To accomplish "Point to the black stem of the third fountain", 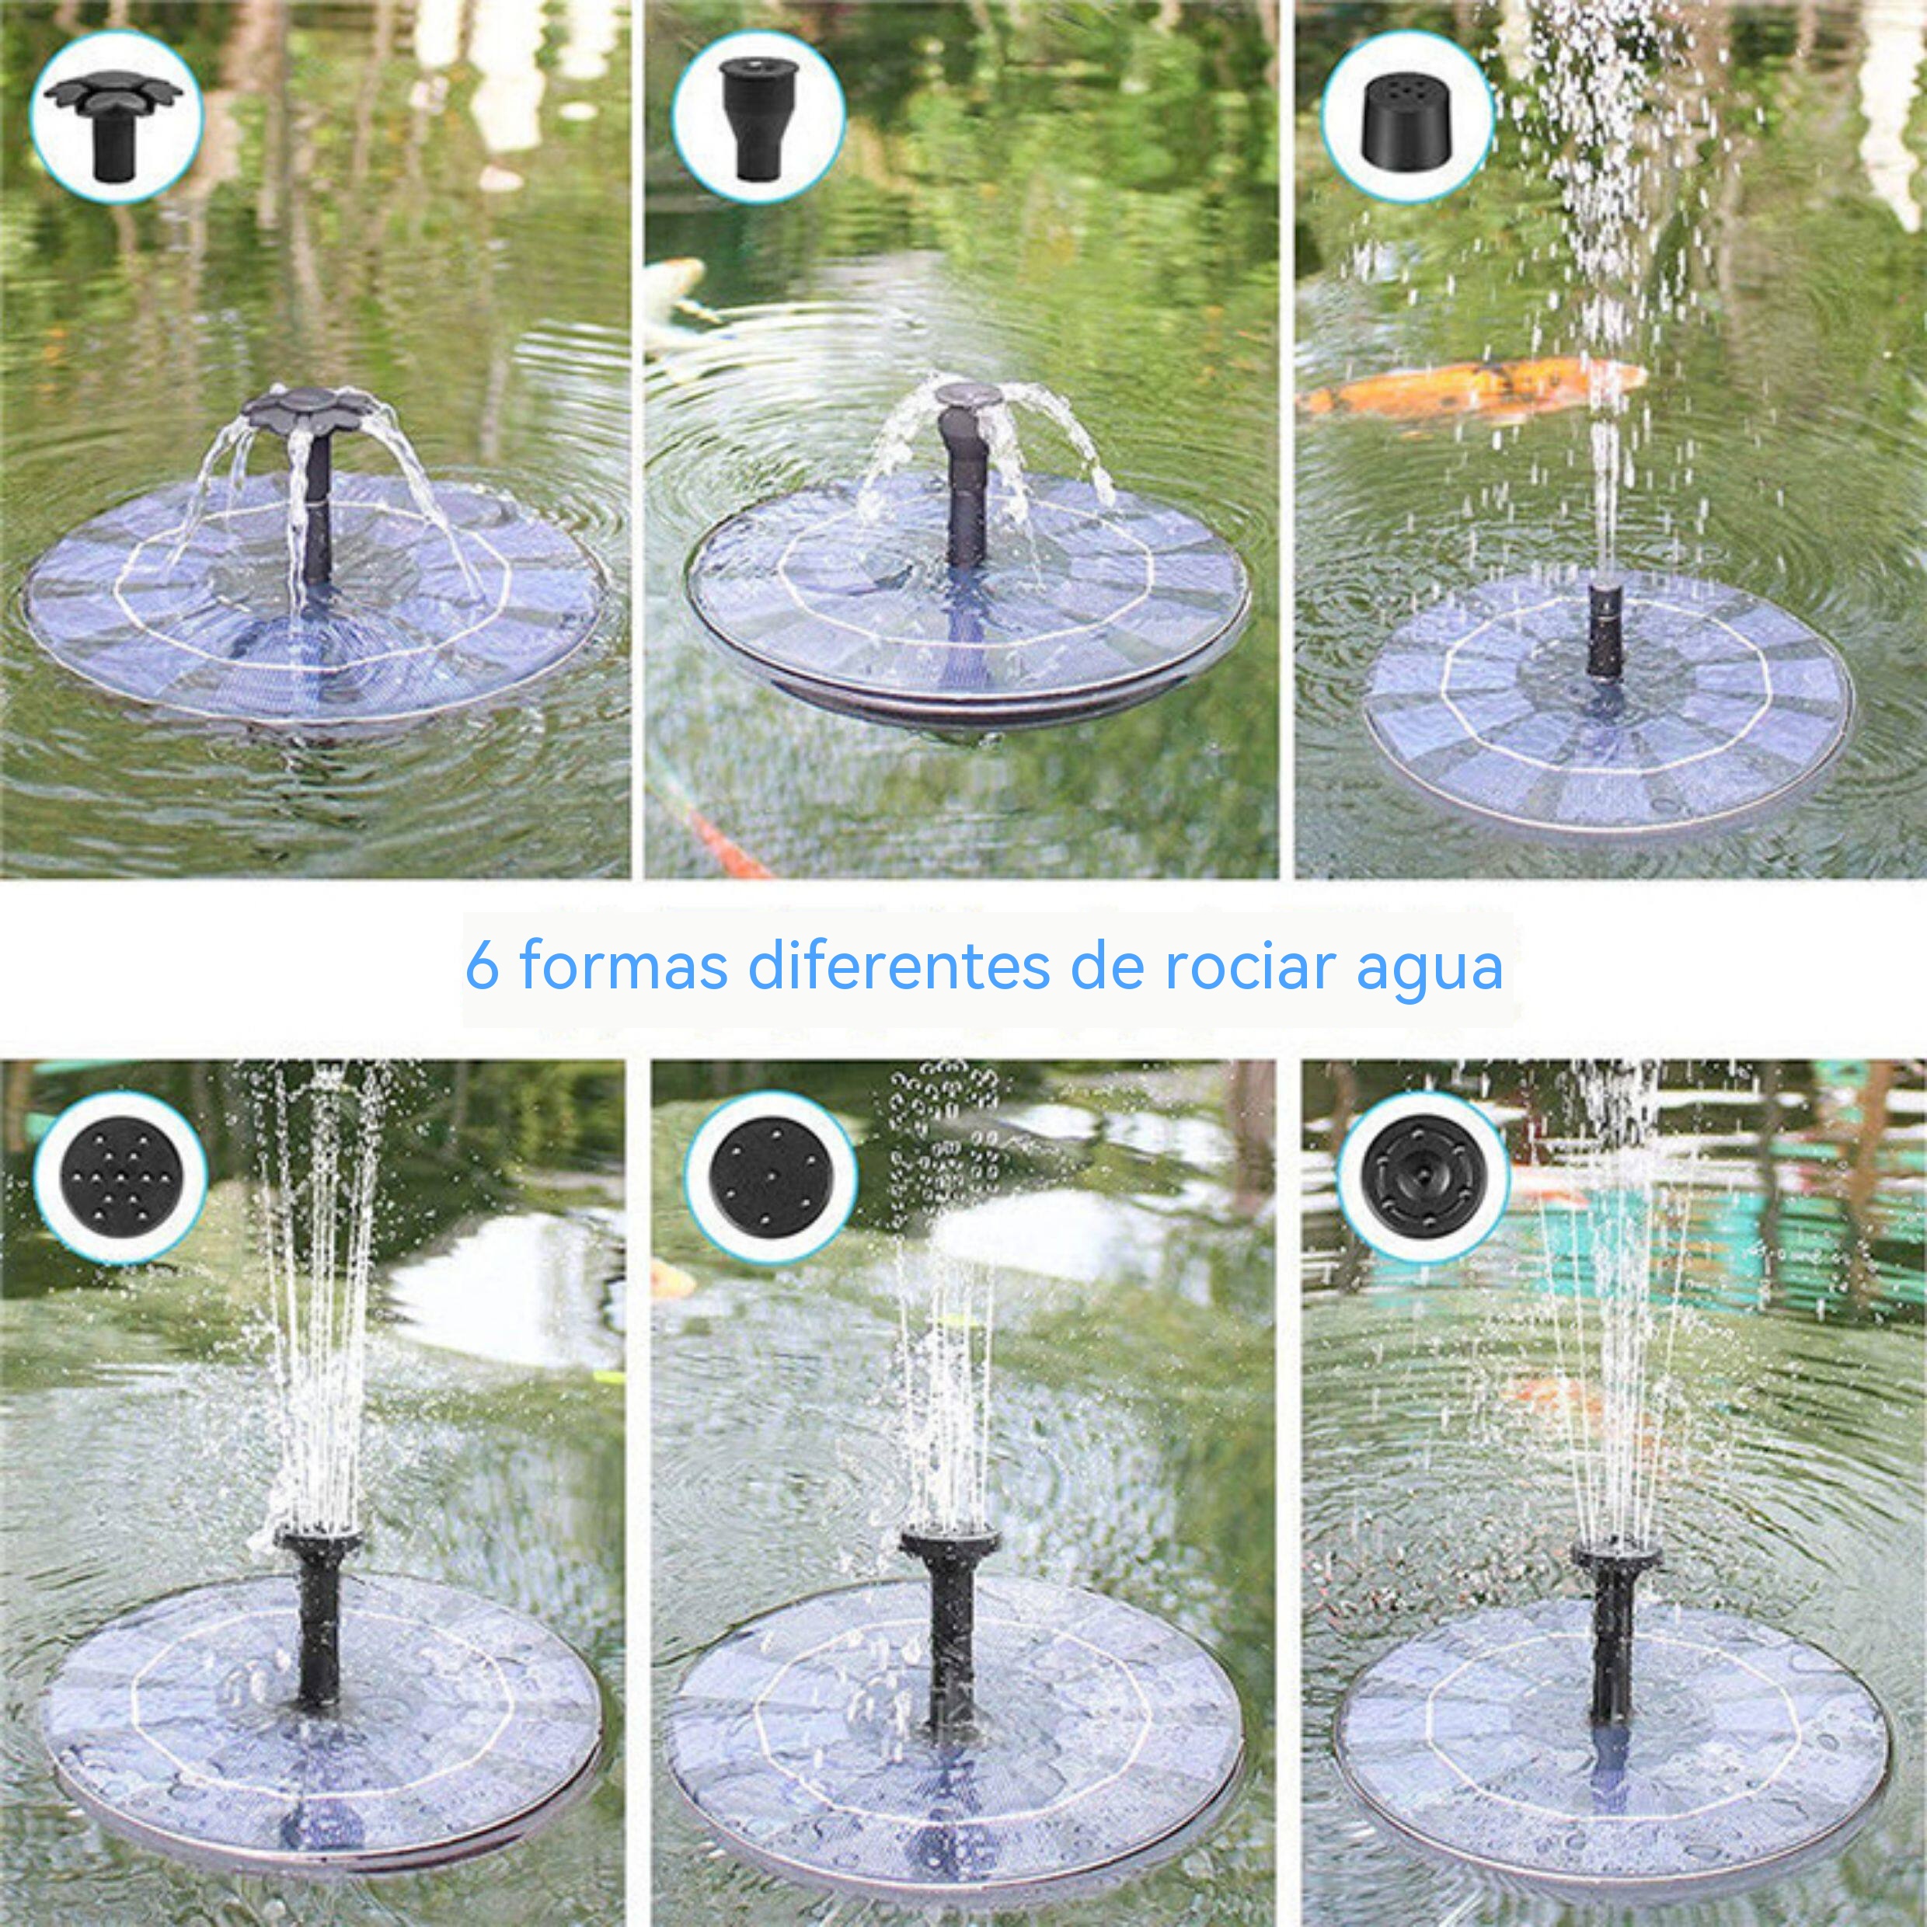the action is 1604,627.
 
